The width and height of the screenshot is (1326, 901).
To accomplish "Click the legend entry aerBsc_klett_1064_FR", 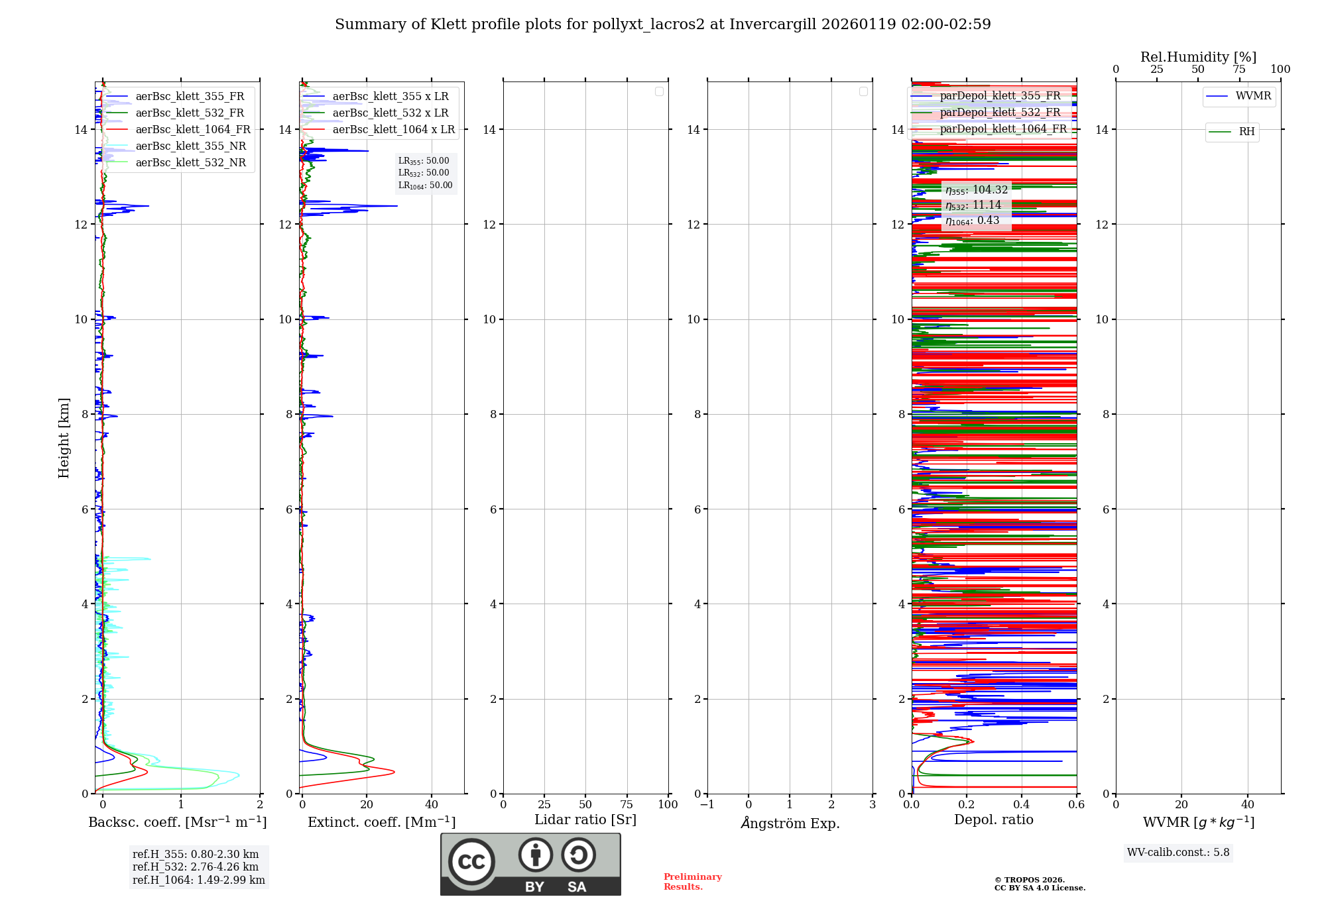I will coord(192,130).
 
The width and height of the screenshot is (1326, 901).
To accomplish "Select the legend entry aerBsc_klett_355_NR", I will coord(190,146).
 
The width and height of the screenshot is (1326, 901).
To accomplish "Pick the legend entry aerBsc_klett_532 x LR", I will coord(390,113).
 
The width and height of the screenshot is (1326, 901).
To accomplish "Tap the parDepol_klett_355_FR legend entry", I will coord(999,96).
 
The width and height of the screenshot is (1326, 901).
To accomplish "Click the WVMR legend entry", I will coord(1252,96).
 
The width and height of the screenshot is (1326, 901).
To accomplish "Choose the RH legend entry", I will coord(1246,132).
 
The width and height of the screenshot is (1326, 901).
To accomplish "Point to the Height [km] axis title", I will coord(64,438).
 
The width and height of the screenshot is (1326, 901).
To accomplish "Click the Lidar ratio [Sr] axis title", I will coord(585,820).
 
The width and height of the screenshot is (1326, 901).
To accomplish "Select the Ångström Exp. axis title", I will coord(790,823).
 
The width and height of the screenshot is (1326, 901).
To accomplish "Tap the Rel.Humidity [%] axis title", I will coord(1198,57).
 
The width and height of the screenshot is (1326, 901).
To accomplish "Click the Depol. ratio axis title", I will coord(993,820).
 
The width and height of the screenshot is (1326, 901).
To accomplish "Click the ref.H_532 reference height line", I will coord(196,867).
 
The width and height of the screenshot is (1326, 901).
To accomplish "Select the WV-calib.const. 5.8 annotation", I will coord(1178,853).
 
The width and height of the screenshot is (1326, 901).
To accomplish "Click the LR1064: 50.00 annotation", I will coord(425,185).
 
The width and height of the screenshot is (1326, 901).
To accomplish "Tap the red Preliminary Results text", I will coord(692,882).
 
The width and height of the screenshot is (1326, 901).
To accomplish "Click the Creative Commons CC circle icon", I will coord(471,861).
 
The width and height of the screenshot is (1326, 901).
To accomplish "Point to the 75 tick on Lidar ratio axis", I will coord(627,805).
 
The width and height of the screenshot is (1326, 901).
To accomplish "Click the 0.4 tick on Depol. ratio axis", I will coord(1022,805).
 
